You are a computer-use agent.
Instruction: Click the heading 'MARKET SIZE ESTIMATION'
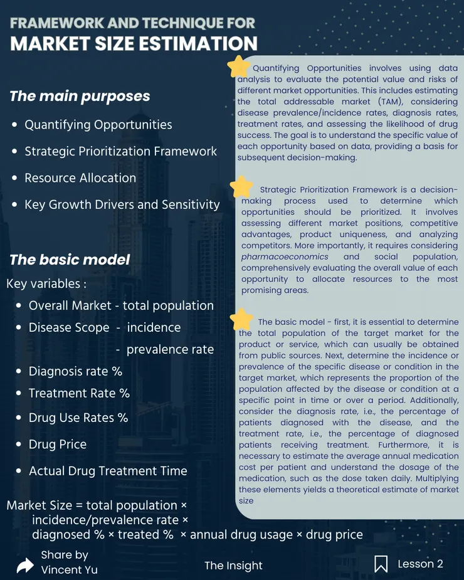click(134, 44)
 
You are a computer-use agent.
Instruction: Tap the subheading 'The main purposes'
click(80, 96)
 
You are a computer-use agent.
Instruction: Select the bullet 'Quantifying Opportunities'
click(98, 125)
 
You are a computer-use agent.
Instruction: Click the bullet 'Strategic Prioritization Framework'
click(120, 151)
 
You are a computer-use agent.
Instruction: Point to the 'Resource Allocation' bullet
click(80, 178)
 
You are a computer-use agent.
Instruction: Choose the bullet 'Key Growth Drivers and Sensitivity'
click(122, 204)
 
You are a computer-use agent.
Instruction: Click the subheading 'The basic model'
click(70, 260)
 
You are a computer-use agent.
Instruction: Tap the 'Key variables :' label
click(46, 283)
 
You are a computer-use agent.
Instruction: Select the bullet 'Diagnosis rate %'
click(75, 371)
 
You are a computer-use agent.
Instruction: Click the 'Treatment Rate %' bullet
click(79, 393)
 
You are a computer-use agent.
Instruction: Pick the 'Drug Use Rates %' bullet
click(78, 417)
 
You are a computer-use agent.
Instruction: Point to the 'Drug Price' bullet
click(58, 444)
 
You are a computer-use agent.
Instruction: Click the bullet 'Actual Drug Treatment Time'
click(108, 471)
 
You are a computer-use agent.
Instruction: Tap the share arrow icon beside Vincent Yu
click(25, 566)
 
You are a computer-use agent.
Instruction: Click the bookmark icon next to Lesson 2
click(381, 564)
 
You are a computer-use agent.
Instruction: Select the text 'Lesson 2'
click(420, 564)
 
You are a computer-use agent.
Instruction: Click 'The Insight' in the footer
click(233, 566)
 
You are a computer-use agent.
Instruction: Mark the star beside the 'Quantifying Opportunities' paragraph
click(238, 66)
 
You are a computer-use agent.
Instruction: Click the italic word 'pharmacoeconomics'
click(285, 256)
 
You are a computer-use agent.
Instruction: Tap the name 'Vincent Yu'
click(69, 569)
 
